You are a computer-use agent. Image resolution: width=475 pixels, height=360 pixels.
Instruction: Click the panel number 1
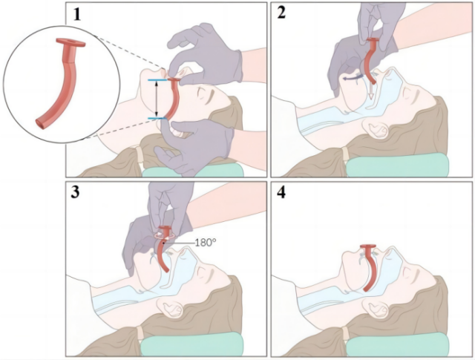(77, 14)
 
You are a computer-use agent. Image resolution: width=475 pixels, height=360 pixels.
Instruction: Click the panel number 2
(281, 13)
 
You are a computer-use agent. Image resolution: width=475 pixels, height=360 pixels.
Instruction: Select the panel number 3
(75, 192)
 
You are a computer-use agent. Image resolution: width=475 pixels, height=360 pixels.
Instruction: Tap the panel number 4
(281, 193)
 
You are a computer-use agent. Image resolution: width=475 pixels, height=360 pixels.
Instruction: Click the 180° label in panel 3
(206, 243)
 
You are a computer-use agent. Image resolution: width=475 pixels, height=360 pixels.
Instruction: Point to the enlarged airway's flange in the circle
(71, 43)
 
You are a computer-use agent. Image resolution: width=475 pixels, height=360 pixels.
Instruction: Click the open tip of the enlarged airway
(39, 122)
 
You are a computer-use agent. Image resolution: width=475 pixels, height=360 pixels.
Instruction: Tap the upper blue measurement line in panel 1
(157, 80)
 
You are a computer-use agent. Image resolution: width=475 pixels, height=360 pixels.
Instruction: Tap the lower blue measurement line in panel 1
(157, 118)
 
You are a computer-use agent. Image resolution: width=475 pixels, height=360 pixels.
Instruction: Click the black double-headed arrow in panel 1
(157, 99)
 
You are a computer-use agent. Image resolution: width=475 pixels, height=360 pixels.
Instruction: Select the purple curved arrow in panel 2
(353, 78)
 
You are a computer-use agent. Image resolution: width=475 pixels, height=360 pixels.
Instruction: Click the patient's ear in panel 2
(376, 127)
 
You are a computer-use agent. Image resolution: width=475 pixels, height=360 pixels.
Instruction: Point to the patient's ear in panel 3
(170, 307)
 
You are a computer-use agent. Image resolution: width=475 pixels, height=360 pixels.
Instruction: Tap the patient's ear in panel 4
(376, 307)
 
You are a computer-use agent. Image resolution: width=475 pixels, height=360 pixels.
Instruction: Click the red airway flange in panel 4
(368, 246)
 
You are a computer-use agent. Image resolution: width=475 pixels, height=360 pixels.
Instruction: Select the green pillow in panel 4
(398, 344)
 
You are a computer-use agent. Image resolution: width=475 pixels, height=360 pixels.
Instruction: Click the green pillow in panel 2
(398, 165)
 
